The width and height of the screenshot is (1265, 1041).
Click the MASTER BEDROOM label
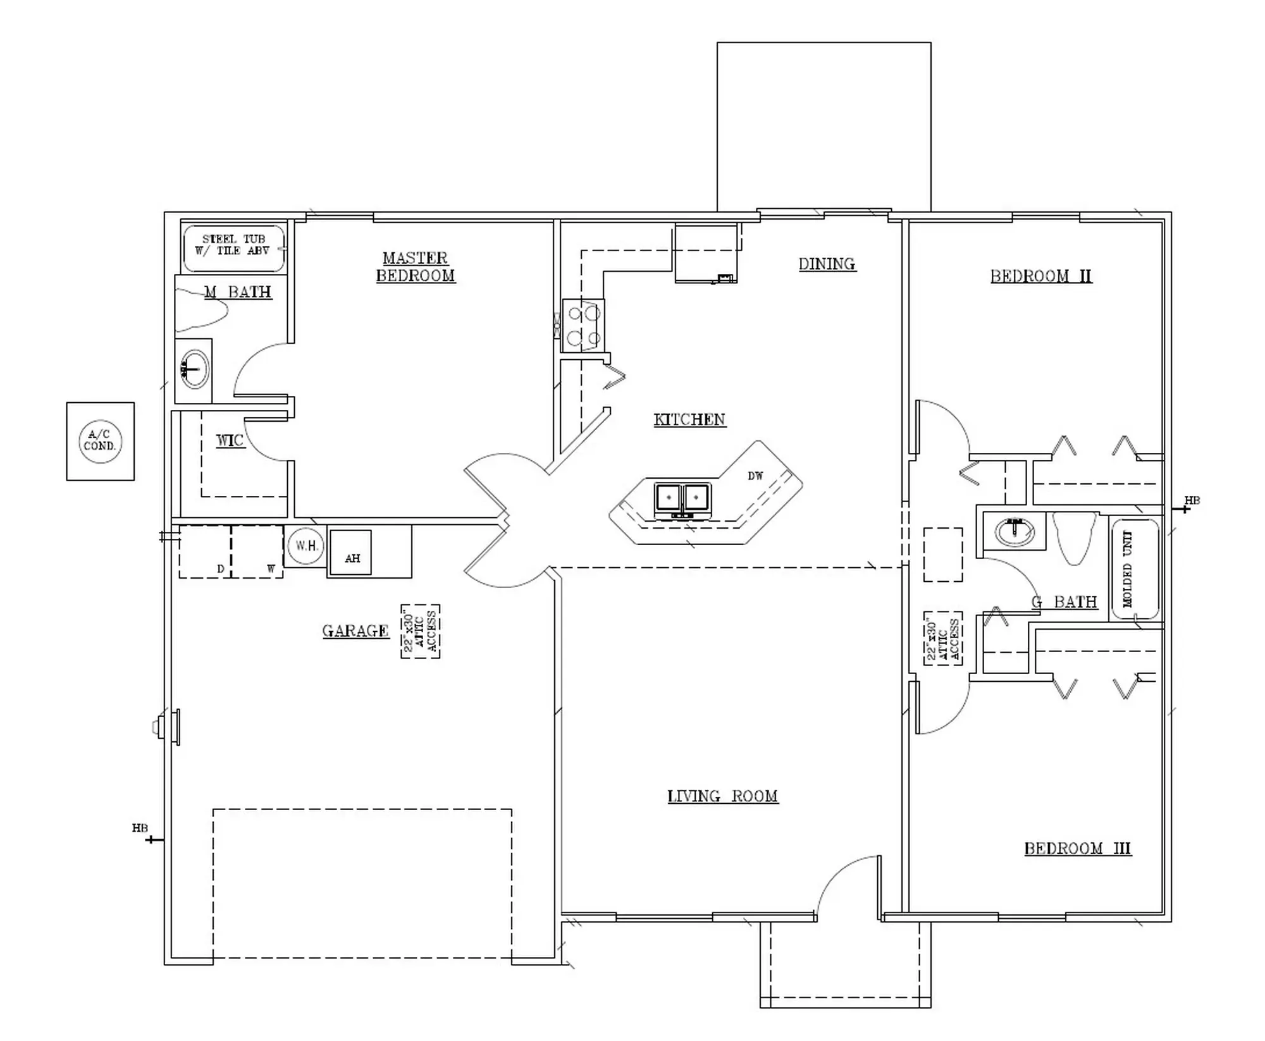pos(416,267)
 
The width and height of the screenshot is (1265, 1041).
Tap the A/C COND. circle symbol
pos(100,441)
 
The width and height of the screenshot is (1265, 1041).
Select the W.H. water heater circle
pos(305,545)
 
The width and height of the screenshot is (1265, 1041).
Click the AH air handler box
pos(351,553)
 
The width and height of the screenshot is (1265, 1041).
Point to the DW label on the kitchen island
pos(755,476)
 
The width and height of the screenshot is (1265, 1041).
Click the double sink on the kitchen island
pos(683,499)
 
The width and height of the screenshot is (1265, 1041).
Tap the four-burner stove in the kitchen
pos(583,326)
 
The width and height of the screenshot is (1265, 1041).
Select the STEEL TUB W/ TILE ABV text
pos(233,245)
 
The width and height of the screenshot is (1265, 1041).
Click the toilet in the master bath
pos(201,309)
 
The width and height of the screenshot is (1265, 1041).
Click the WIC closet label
pos(230,441)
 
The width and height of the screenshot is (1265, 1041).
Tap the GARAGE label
pos(355,631)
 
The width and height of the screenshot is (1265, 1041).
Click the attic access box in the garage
pos(421,632)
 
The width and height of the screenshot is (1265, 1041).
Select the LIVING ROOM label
pos(723,796)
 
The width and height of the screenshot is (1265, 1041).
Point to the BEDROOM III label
pos(1078,849)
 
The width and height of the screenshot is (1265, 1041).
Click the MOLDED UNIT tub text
pos(1128,569)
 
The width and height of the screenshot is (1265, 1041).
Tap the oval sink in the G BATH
pos(1015,531)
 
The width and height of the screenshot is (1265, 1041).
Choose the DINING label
pos(827,264)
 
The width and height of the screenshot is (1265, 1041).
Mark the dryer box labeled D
pos(205,551)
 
